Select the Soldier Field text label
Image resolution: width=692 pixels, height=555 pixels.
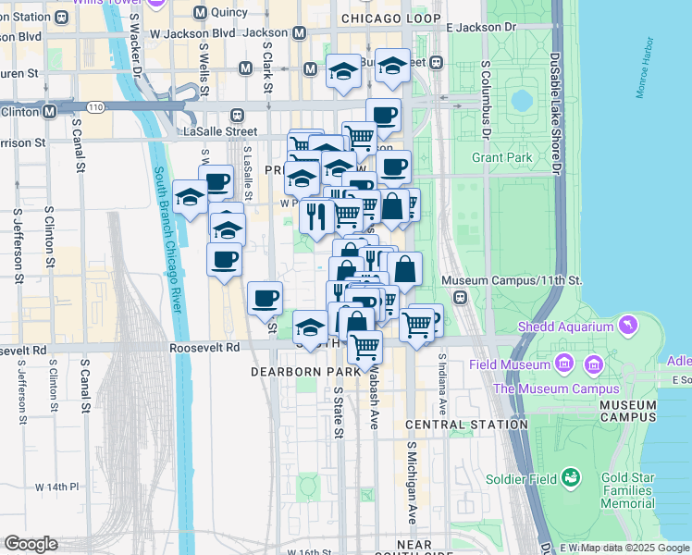[523, 479]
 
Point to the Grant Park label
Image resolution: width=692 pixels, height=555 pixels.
[502, 157]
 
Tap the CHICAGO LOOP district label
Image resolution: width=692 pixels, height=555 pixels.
[390, 18]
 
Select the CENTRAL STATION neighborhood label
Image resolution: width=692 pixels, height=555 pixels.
[453, 425]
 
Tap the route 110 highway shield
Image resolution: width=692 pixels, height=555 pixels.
[96, 109]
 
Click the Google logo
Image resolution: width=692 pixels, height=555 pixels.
[31, 544]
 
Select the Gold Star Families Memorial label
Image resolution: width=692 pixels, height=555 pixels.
[627, 490]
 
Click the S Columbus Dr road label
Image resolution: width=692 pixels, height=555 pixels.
[485, 100]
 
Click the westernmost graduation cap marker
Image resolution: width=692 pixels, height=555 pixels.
[190, 197]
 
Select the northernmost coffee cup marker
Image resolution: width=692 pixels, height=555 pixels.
[384, 116]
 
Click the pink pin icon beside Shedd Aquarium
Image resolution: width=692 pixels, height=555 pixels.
[630, 325]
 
